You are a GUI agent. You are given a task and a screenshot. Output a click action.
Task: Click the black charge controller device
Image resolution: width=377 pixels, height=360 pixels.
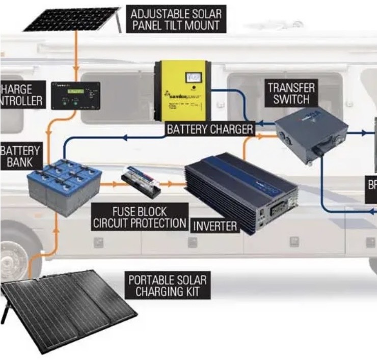[x=75, y=95]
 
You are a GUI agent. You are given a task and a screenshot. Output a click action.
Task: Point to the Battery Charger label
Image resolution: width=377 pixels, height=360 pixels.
[x=210, y=129]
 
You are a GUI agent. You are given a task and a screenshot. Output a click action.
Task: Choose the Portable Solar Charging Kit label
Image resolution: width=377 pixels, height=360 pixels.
[x=168, y=286]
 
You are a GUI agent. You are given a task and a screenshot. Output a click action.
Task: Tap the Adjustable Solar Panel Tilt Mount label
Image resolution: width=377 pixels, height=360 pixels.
[x=176, y=19]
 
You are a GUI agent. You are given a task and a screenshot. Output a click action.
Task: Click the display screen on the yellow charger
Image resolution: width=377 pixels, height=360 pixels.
[x=194, y=77]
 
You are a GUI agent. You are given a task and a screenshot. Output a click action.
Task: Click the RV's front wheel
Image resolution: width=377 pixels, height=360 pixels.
[x=10, y=255]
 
